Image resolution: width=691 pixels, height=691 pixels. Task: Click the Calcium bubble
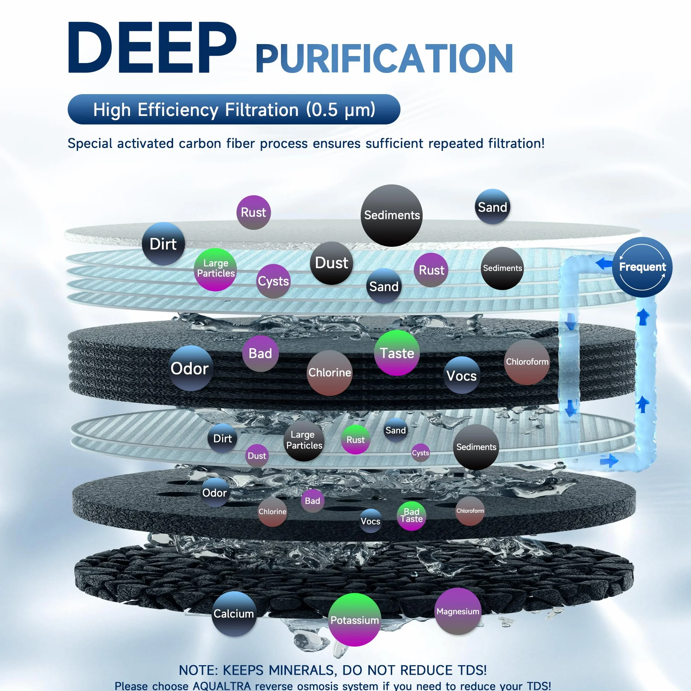[234, 614]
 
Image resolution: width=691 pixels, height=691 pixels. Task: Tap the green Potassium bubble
[354, 620]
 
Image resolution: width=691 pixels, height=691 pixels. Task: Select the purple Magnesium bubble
[458, 611]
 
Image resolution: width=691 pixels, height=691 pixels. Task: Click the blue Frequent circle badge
[642, 267]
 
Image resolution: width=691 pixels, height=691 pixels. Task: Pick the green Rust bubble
[355, 440]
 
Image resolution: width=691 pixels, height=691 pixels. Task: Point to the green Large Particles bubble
[215, 269]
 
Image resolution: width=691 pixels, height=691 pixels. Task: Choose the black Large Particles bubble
[304, 440]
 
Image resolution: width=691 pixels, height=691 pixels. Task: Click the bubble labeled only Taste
[397, 353]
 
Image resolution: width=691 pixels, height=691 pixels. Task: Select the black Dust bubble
[331, 263]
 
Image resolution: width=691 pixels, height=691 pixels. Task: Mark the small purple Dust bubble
[257, 455]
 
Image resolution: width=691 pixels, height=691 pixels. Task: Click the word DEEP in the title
[152, 48]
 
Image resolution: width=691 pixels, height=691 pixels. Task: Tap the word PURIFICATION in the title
[385, 58]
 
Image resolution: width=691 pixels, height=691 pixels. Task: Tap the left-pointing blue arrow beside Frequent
[604, 264]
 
